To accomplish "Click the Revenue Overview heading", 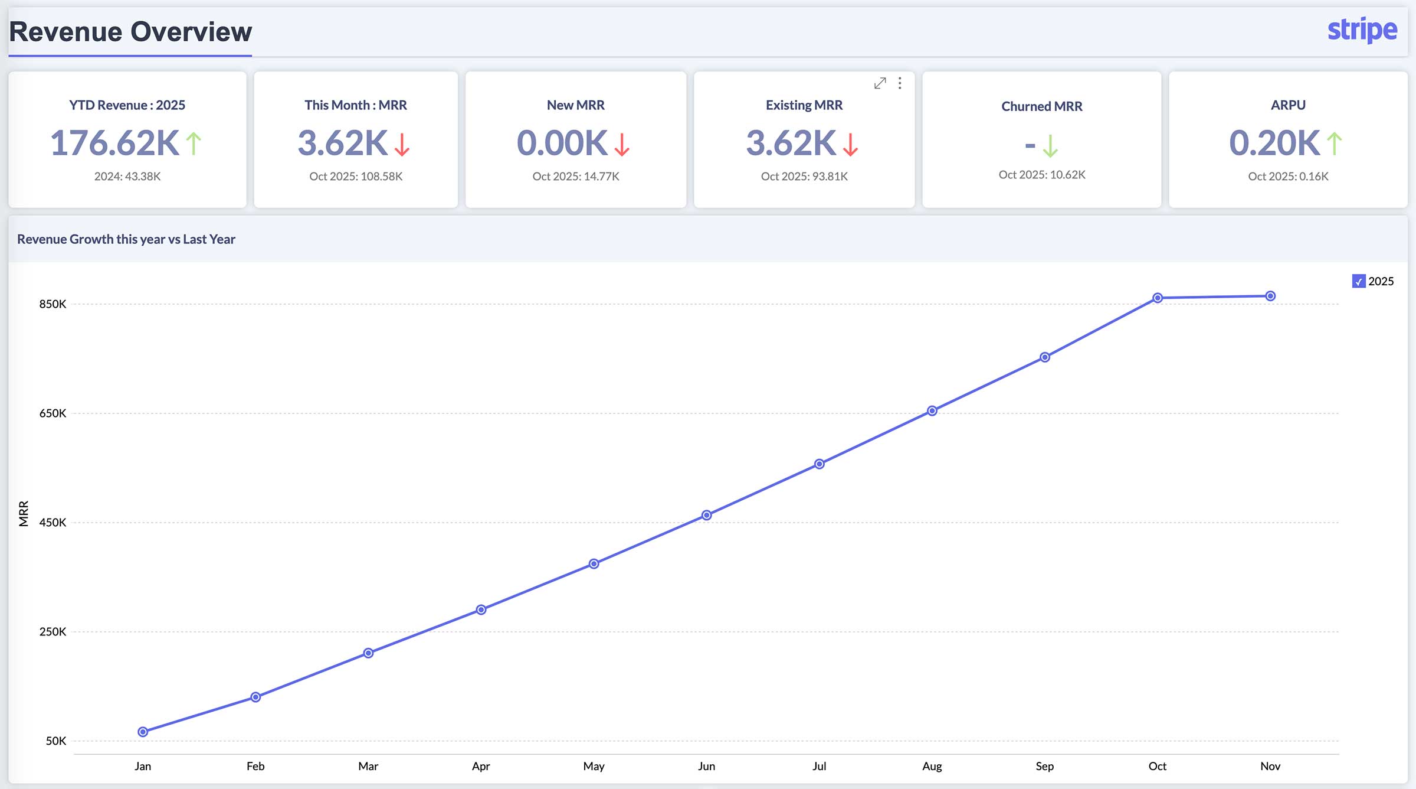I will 130,32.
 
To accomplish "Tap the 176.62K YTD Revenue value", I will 114,143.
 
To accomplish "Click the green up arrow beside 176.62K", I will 194,144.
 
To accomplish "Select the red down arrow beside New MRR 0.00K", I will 622,144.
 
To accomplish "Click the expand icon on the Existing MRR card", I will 880,83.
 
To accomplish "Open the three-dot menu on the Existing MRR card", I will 900,83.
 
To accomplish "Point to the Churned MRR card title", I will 1041,106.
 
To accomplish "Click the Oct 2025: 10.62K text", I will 1041,175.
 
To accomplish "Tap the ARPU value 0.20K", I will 1274,143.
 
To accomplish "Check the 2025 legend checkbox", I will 1359,281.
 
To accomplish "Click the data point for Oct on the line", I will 1158,298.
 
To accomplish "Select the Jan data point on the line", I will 143,732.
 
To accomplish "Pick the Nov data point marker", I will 1270,296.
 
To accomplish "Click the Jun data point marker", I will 706,515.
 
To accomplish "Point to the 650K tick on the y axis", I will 53,413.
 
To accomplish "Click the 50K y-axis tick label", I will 55,741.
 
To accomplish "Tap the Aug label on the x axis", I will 932,766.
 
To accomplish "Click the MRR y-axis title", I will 24,513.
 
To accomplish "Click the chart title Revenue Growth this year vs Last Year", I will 126,239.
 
